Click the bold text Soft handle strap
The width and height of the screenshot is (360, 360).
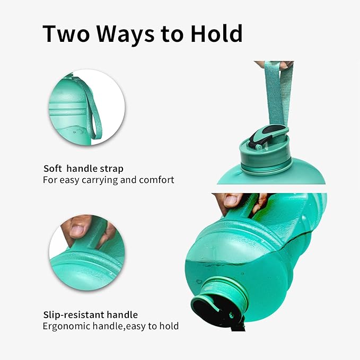click(x=83, y=169)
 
